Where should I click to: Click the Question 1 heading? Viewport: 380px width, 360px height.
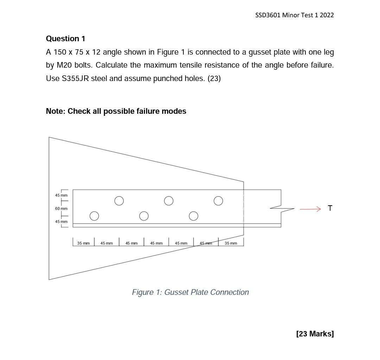tap(65, 39)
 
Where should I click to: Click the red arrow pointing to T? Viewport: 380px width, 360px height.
tap(310, 209)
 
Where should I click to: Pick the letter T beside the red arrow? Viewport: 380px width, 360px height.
tap(330, 208)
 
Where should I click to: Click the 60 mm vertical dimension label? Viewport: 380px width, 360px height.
tap(61, 209)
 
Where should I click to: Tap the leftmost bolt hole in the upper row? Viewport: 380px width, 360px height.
tap(119, 201)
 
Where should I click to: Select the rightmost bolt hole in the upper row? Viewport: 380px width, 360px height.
tap(218, 201)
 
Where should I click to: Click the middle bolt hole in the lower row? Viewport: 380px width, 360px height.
tap(144, 216)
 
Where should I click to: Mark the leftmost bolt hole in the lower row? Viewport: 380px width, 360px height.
tap(94, 216)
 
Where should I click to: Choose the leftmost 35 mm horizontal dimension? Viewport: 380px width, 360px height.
tap(83, 243)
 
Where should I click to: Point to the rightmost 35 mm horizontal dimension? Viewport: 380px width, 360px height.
tap(231, 243)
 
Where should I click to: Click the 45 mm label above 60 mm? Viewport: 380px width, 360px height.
tap(61, 195)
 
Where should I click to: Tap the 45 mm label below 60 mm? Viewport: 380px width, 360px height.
tap(61, 222)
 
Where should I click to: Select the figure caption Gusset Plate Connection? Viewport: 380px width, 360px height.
tap(190, 292)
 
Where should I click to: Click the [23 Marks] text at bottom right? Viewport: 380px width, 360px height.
tap(315, 334)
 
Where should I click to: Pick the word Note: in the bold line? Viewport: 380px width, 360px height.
tap(56, 111)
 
